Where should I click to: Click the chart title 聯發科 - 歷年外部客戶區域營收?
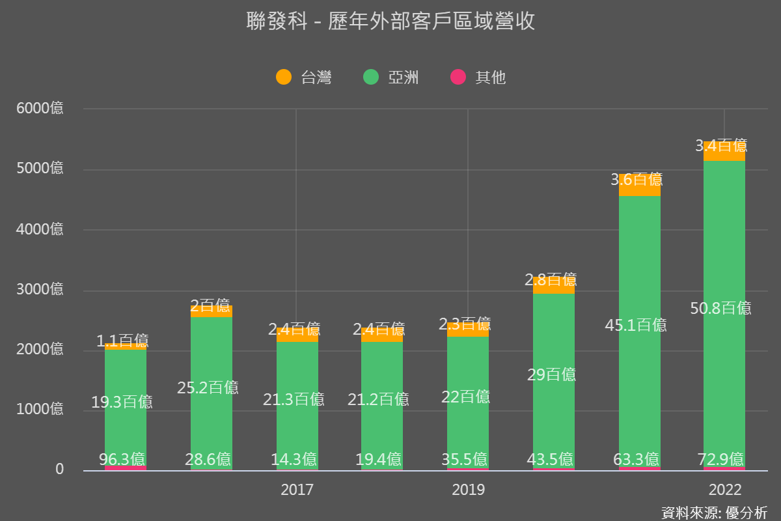pos(390,21)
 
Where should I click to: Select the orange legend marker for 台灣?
pos(284,77)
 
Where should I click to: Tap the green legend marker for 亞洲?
pos(371,77)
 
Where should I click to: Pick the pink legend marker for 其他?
pos(458,77)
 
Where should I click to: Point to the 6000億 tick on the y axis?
pos(40,108)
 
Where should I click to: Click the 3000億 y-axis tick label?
pos(40,289)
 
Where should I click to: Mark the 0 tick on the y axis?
pos(59,469)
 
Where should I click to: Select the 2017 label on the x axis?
pos(297,490)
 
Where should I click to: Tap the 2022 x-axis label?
pos(724,490)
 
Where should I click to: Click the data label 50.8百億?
pos(720,308)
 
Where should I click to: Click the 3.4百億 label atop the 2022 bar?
pos(720,145)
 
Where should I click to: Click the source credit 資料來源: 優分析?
pos(714,512)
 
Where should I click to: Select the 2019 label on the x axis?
pos(468,490)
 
